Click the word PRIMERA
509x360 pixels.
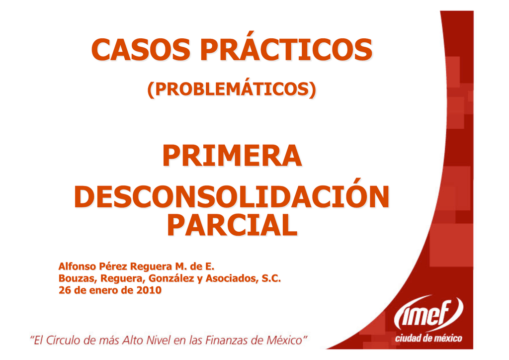point(231,156)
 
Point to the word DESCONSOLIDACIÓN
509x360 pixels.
point(231,197)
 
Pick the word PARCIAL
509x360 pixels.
point(231,225)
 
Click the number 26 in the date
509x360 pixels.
point(65,290)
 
